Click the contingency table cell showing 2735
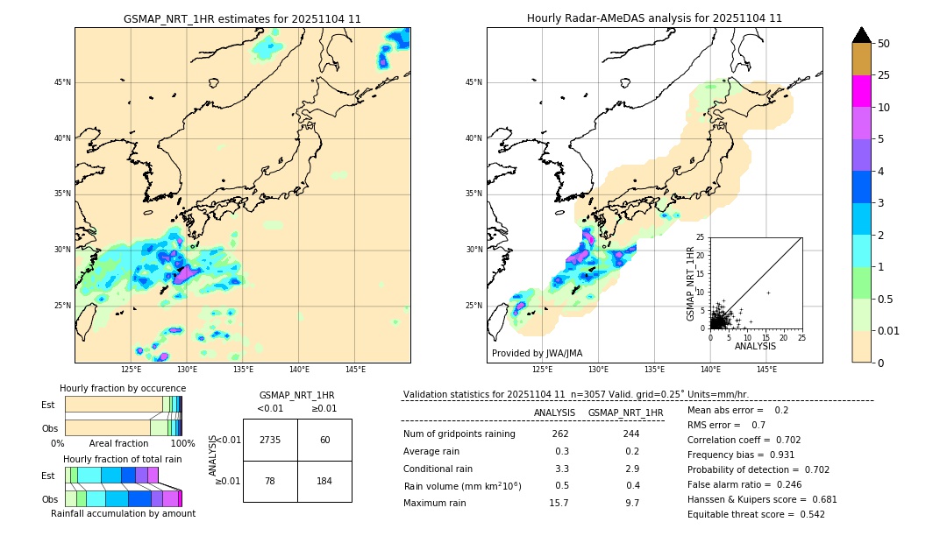point(270,440)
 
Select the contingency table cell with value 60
point(324,440)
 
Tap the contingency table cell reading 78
point(270,482)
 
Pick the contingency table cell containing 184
point(324,482)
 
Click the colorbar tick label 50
point(884,44)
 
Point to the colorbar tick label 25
point(884,75)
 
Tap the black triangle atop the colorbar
point(862,35)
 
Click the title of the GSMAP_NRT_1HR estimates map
point(242,18)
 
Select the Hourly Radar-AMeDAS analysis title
point(654,18)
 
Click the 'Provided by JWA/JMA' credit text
point(537,353)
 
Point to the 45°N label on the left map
point(62,82)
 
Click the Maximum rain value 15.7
point(559,503)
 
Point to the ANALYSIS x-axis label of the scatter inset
point(755,346)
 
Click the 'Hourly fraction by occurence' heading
point(123,388)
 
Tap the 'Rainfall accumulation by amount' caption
point(123,514)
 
